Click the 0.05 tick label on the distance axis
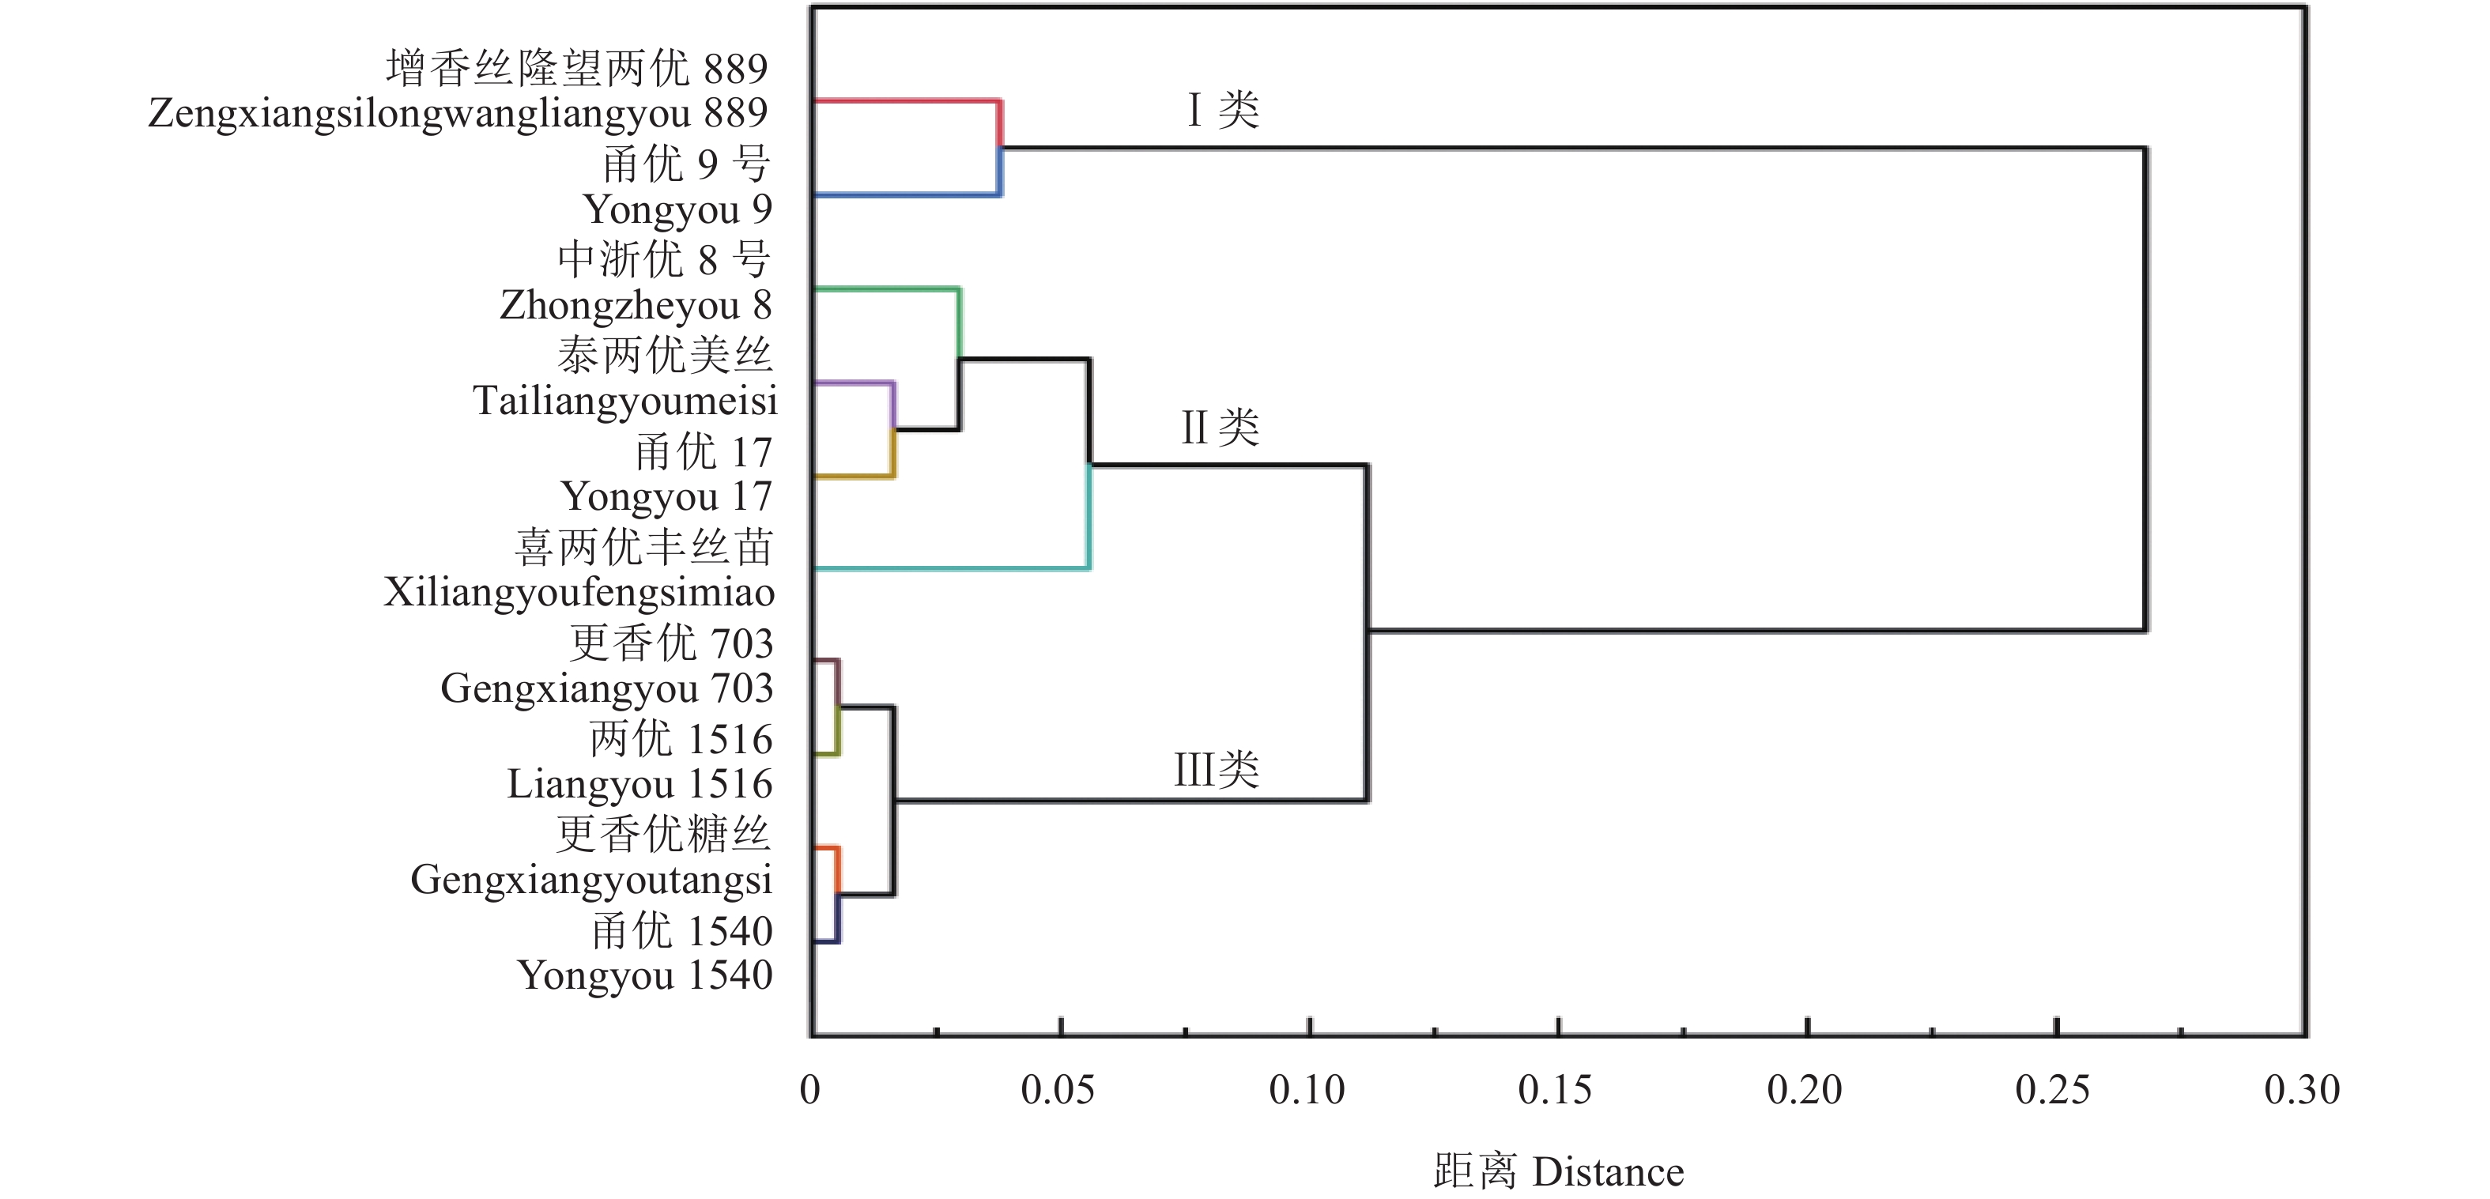point(1058,1091)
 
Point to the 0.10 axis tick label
point(1307,1091)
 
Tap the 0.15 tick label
point(1556,1091)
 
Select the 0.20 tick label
point(1805,1091)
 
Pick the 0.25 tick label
point(2053,1091)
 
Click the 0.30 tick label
point(2302,1091)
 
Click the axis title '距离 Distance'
point(1558,1172)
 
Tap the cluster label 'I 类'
point(1224,110)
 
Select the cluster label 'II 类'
point(1220,427)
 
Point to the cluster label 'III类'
point(1216,770)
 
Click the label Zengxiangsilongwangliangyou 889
point(458,113)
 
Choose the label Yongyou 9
point(677,209)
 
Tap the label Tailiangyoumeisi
point(624,401)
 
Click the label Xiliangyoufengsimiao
point(579,592)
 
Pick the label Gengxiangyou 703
point(607,688)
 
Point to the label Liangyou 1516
point(640,783)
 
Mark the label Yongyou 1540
point(645,975)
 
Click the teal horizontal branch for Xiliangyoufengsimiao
point(952,568)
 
